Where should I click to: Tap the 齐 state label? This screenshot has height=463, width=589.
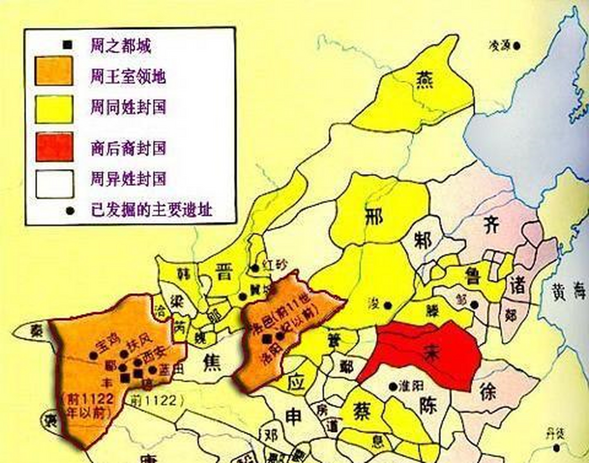click(491, 225)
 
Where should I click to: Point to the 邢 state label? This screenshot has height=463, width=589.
click(374, 216)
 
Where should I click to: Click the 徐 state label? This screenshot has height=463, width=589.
click(489, 391)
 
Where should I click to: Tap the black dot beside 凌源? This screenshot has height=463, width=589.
click(517, 46)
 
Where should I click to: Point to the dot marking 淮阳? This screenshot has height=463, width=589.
click(393, 386)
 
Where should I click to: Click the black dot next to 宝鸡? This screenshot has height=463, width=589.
click(94, 356)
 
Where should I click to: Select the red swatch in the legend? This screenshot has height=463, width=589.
click(55, 146)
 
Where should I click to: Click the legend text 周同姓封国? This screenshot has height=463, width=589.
click(128, 108)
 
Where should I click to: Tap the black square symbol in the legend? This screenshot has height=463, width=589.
click(68, 45)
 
